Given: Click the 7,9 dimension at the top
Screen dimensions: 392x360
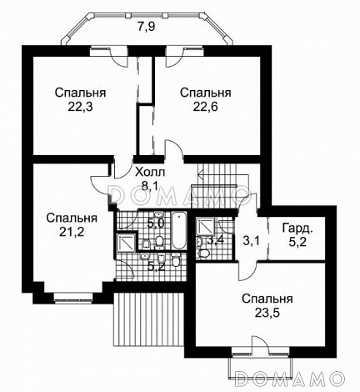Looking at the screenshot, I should pyautogui.click(x=147, y=28).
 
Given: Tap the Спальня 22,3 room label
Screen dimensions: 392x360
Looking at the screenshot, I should pyautogui.click(x=75, y=99).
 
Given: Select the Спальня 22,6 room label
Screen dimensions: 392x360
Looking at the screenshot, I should pyautogui.click(x=206, y=99).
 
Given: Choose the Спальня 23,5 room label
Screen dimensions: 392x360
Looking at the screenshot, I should pyautogui.click(x=267, y=306).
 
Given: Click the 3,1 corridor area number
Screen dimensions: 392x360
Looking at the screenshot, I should pyautogui.click(x=251, y=241).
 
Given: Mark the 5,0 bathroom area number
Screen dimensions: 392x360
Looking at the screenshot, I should pyautogui.click(x=155, y=224).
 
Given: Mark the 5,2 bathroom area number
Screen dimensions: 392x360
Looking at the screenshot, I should pyautogui.click(x=155, y=266).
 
